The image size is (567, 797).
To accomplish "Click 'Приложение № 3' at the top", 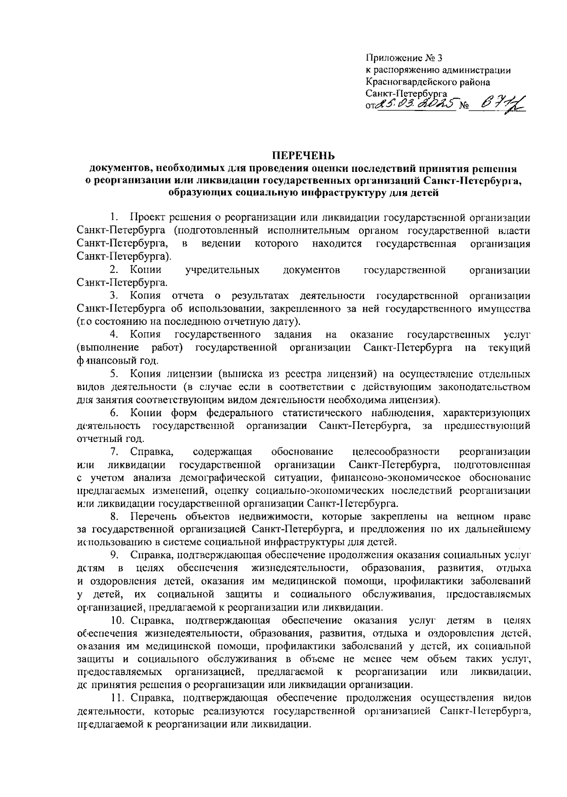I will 405,59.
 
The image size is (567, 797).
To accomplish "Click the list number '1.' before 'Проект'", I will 113,218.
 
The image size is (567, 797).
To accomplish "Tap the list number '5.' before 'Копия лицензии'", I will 114,374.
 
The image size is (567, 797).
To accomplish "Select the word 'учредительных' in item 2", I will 223,270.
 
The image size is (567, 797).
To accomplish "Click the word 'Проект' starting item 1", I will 148,218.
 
